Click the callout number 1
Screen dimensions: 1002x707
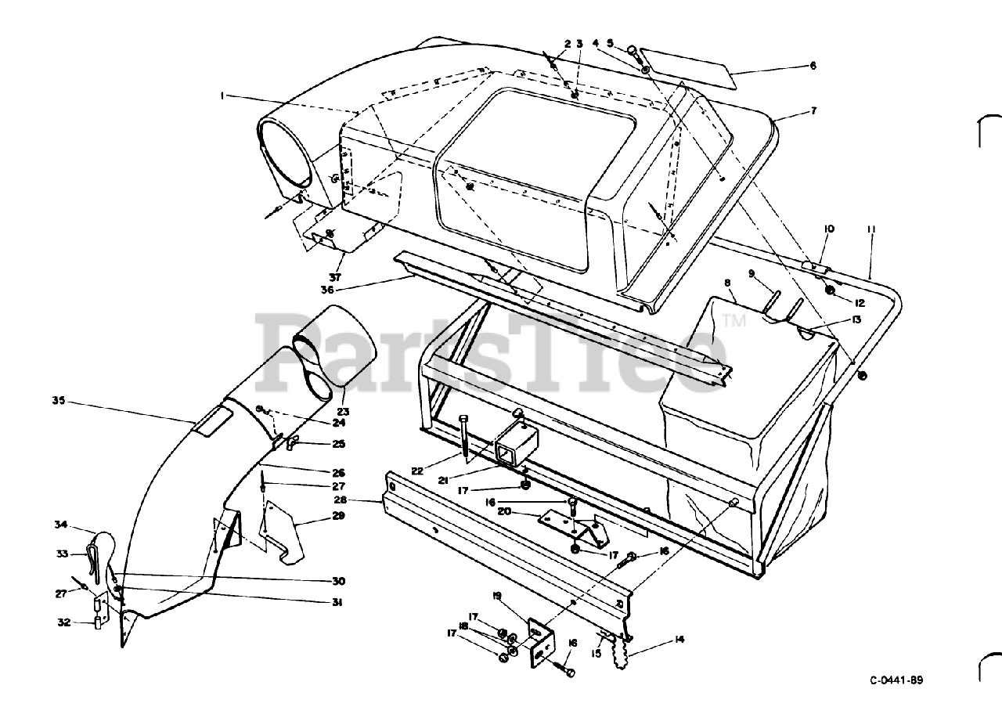coord(222,96)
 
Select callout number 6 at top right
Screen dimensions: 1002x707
coord(813,66)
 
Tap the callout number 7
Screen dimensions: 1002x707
coord(813,111)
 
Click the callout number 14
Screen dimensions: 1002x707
coord(679,640)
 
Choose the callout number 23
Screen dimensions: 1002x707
coord(343,411)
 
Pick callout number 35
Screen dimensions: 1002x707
coord(58,400)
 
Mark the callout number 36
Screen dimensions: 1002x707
coord(326,289)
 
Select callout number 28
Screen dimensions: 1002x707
coord(339,500)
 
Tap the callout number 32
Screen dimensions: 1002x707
coord(63,622)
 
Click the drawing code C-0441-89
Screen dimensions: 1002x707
coord(901,680)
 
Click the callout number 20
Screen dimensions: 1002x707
coord(526,511)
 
